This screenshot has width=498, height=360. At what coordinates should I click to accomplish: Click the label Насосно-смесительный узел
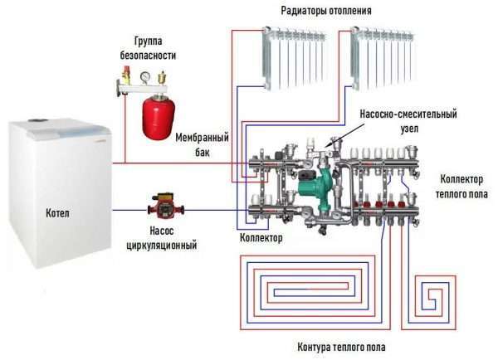(408, 121)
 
